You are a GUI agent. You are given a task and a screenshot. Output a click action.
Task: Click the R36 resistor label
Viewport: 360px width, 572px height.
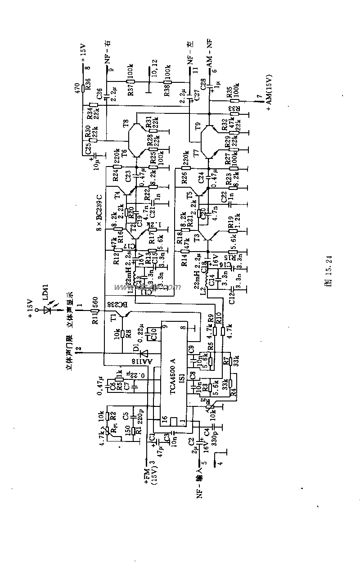pyautogui.click(x=88, y=84)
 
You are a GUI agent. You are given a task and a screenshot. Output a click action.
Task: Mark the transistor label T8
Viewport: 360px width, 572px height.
pyautogui.click(x=126, y=122)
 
